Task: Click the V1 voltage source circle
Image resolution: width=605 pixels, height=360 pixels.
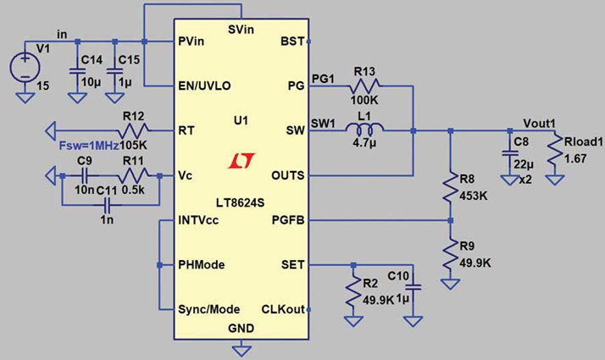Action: [25, 67]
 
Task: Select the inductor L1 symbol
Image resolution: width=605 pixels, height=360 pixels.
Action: [364, 128]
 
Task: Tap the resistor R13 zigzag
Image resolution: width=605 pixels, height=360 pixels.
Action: [364, 86]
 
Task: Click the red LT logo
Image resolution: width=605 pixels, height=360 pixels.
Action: [241, 161]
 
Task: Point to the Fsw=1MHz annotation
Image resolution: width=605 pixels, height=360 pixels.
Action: [89, 147]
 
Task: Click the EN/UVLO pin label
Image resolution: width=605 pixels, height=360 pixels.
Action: [204, 86]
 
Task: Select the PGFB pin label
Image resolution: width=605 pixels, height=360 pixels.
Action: [288, 220]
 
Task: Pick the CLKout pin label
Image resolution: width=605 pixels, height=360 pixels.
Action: [283, 309]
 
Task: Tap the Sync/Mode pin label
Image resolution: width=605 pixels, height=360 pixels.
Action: [208, 309]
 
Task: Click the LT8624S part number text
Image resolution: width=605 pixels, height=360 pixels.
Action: [240, 202]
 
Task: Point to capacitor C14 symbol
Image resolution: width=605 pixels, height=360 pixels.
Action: [77, 71]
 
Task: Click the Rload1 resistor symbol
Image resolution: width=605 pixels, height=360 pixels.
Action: [555, 152]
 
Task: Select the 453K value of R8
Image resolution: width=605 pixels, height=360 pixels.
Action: [474, 196]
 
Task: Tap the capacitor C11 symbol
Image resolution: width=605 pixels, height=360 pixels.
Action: [108, 205]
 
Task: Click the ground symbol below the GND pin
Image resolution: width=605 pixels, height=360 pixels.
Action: [241, 351]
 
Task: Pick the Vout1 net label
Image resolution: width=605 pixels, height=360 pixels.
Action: [539, 124]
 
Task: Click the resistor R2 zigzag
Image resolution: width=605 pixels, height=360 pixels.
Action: [353, 294]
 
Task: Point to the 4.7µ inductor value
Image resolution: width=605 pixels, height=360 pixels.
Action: [364, 143]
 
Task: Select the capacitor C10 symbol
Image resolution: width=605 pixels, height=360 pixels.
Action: [413, 287]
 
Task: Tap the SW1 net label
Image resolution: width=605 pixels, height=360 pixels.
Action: [323, 124]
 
